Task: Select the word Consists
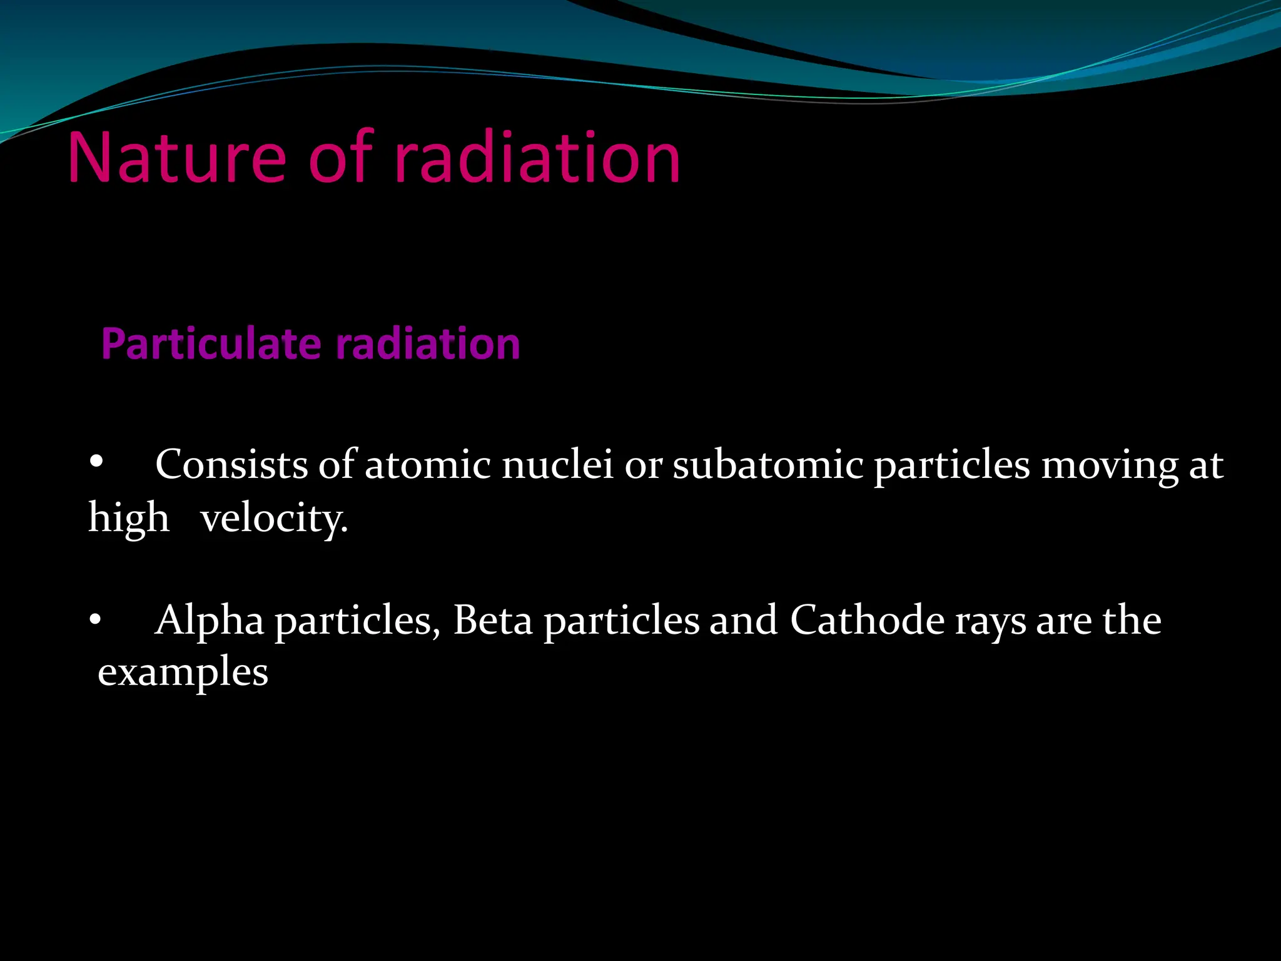tap(231, 465)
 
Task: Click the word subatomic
tap(767, 465)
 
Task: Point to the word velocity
tap(274, 519)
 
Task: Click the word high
tap(129, 519)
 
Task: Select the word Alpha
tap(210, 621)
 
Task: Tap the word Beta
tap(493, 621)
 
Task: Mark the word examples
tap(183, 673)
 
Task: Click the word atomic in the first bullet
tap(428, 465)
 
